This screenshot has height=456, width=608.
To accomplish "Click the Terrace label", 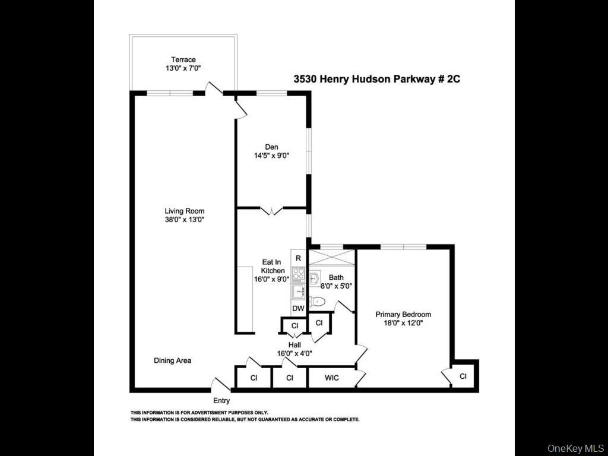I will click(x=183, y=59).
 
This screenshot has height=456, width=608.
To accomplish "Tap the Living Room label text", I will click(x=185, y=211).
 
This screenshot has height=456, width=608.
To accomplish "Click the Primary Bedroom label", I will click(x=403, y=315).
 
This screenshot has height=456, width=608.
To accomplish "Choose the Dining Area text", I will click(x=172, y=360).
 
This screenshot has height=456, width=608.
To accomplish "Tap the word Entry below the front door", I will click(x=221, y=401).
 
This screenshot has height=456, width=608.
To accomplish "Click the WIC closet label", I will click(x=331, y=378).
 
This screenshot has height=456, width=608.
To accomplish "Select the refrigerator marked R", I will click(x=298, y=258).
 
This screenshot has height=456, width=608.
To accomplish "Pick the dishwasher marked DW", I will click(x=298, y=308).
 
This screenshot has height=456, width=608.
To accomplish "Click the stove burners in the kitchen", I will click(x=298, y=274).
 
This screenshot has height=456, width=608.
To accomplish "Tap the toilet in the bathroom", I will click(x=317, y=302).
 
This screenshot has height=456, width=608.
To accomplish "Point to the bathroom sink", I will click(x=315, y=278).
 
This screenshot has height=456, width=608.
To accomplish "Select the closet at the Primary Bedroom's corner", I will click(x=463, y=376).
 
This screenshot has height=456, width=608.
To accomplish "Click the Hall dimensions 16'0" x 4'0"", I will click(x=294, y=353).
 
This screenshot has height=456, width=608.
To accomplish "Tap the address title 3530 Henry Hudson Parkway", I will click(x=377, y=78).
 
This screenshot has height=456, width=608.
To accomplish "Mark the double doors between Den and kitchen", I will click(x=271, y=210).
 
